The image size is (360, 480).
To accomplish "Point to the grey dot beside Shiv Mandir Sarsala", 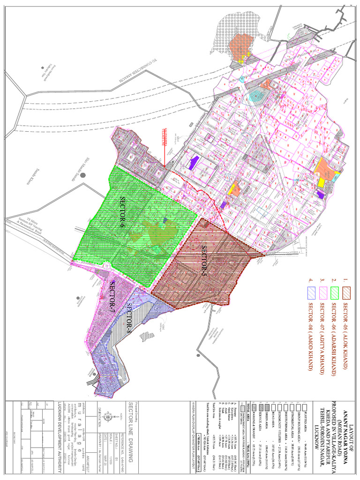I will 83,174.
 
